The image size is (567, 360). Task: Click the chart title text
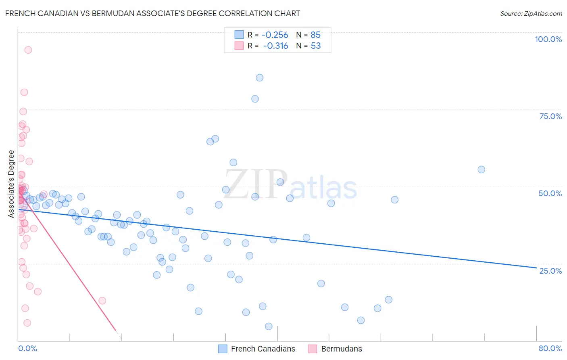pos(152,13)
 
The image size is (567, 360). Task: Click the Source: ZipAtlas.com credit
pos(531,13)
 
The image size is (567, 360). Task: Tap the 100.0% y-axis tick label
pos(548,39)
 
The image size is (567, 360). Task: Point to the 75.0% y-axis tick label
pos(550,116)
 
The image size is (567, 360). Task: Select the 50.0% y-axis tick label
pos(550,193)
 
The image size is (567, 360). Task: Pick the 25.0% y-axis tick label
pos(550,270)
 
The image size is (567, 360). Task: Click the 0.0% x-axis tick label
pos(27,348)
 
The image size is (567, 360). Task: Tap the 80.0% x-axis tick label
pos(550,348)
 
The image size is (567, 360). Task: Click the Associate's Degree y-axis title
pos(11,184)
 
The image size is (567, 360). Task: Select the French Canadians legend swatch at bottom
pos(223,349)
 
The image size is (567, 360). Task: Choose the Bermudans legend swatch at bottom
pos(313,349)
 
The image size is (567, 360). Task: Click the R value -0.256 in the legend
pos(275,35)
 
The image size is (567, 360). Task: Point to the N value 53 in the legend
pos(316,46)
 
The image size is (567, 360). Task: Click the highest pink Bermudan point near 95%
pos(28,50)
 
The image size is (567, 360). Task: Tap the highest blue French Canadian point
pos(260,78)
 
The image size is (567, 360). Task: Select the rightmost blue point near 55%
pos(481,170)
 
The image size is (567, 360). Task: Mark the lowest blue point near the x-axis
pos(269,327)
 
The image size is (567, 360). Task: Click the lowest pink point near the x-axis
pos(27,323)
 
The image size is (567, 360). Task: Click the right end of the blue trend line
pos(536,268)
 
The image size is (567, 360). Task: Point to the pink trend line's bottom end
pos(116,331)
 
